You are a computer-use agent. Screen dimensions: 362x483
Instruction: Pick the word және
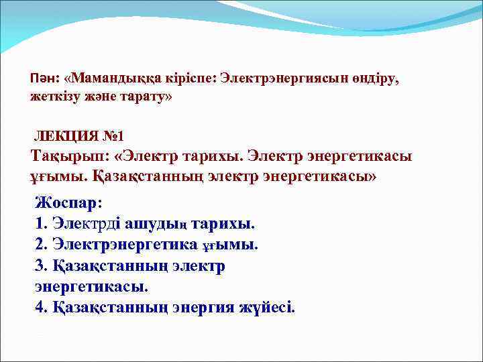[104, 97]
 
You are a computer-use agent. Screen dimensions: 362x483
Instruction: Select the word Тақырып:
[70, 157]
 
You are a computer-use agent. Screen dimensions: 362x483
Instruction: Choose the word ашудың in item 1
[158, 223]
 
